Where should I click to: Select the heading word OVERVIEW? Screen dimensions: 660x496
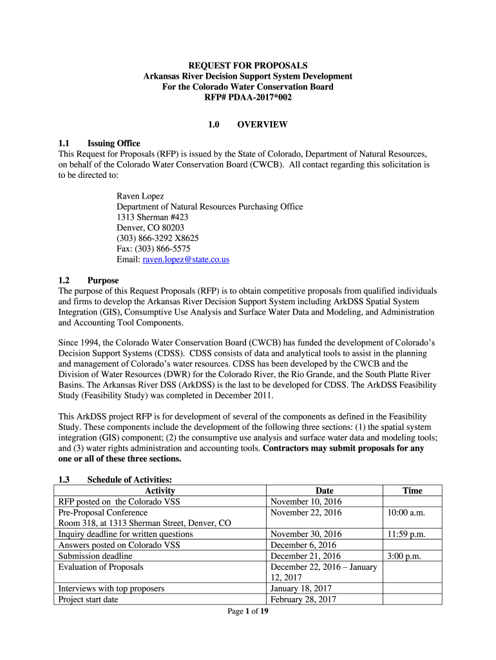(x=262, y=124)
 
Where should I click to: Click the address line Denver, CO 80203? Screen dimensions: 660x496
(x=150, y=228)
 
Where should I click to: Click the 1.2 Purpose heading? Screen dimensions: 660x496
(x=90, y=281)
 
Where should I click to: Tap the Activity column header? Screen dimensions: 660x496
(x=160, y=491)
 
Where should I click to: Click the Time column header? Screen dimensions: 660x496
(x=412, y=491)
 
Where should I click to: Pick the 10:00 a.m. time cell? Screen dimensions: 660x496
(x=405, y=512)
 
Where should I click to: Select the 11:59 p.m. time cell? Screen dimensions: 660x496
(x=405, y=534)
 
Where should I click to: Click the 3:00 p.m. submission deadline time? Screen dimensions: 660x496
(x=404, y=556)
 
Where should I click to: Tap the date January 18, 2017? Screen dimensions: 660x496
(x=302, y=588)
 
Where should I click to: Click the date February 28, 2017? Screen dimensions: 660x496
(x=304, y=599)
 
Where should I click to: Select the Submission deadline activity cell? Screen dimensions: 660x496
(x=95, y=556)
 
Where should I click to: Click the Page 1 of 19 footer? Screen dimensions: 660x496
(x=248, y=611)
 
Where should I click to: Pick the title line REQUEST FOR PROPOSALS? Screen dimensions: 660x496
(x=248, y=66)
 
